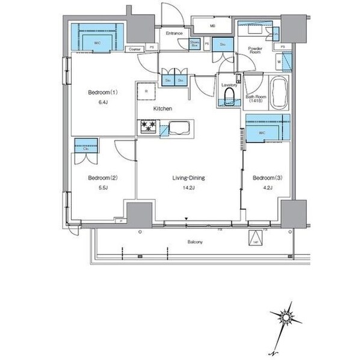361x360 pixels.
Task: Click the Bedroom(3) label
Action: tap(267, 178)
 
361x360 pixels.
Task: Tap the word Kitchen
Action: tap(163, 109)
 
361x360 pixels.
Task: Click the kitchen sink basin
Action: tap(180, 127)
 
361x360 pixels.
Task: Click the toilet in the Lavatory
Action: tap(229, 98)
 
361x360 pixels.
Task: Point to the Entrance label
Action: tap(174, 34)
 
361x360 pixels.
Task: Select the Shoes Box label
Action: tap(195, 43)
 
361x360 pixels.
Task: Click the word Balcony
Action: tap(194, 242)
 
